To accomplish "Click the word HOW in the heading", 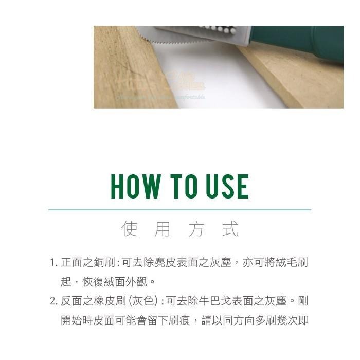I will pyautogui.click(x=135, y=187).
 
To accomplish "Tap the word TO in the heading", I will pyautogui.click(x=181, y=187).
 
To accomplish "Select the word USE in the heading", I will pyautogui.click(x=226, y=187).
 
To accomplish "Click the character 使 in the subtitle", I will pyautogui.click(x=129, y=229).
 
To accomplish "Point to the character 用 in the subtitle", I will pyautogui.click(x=162, y=229).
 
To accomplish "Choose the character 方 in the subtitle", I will pyautogui.click(x=196, y=229).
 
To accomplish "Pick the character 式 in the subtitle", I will pyautogui.click(x=230, y=229).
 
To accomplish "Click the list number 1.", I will pyautogui.click(x=52, y=263).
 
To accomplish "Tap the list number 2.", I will pyautogui.click(x=53, y=301).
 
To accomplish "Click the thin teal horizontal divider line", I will pyautogui.click(x=179, y=210).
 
